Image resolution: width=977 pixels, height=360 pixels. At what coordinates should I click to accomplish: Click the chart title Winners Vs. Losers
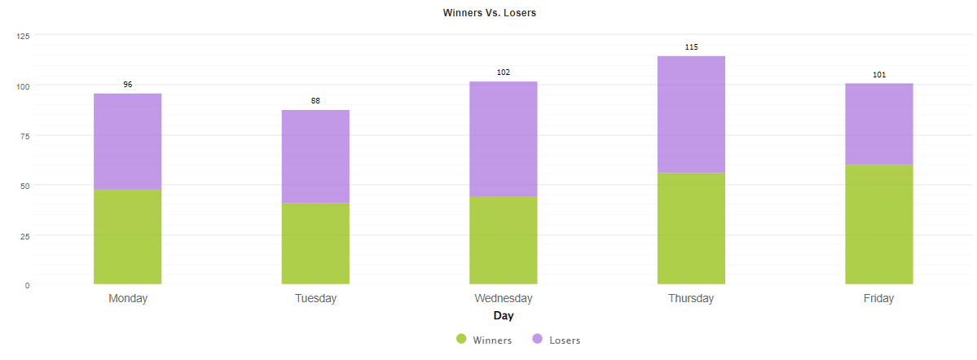[489, 13]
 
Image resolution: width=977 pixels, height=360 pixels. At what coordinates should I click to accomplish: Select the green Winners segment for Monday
[128, 237]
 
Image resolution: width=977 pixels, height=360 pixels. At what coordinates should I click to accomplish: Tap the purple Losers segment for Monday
[128, 142]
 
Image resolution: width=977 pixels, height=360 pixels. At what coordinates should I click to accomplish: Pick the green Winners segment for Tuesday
[315, 244]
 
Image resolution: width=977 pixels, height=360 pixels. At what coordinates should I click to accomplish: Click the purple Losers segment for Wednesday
[504, 139]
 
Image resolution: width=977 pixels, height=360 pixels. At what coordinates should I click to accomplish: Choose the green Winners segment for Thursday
[691, 229]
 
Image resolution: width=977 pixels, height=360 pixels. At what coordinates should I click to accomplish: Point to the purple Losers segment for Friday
[878, 124]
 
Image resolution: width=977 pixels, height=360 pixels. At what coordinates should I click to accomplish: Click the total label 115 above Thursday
[691, 47]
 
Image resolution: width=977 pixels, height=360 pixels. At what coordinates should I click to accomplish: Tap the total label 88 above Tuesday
[315, 101]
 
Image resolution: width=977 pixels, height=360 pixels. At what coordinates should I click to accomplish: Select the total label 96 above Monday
[128, 85]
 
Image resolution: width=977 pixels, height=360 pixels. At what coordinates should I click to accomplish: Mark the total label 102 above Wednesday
[504, 72]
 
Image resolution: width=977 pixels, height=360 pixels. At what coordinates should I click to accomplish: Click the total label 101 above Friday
[878, 75]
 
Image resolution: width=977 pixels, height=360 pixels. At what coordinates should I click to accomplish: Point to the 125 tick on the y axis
[23, 36]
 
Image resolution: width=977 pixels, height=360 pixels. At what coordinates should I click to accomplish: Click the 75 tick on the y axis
[24, 136]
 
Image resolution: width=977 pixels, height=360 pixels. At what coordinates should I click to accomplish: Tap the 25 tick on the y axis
[24, 236]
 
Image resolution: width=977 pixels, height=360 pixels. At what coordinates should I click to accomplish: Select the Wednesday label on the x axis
[504, 299]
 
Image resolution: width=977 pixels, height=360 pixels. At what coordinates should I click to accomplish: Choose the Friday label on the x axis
[878, 299]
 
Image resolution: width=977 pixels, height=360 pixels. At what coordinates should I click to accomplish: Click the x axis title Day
[504, 315]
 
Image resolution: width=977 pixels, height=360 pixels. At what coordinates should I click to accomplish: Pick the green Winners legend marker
[461, 340]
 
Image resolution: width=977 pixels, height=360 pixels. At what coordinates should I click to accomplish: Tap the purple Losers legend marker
[538, 340]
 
